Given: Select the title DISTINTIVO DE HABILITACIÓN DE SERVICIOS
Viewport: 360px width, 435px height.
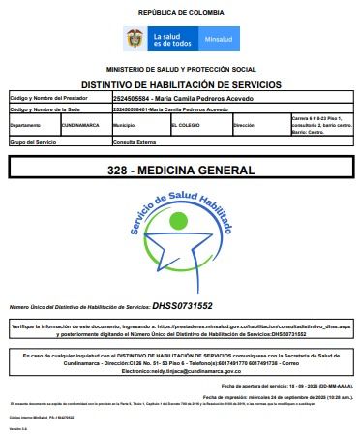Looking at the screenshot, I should coord(180,85).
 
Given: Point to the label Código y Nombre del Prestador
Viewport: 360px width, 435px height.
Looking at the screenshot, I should coord(44,99).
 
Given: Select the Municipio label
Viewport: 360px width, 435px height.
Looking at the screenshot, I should coord(124,126).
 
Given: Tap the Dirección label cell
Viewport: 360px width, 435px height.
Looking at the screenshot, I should coord(244,126).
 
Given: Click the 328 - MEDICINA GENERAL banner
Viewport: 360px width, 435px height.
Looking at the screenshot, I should coord(181,171).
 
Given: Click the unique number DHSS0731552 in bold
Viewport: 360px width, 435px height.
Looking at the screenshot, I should coord(183,306).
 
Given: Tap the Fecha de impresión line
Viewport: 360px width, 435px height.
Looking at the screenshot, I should coord(281,397).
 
